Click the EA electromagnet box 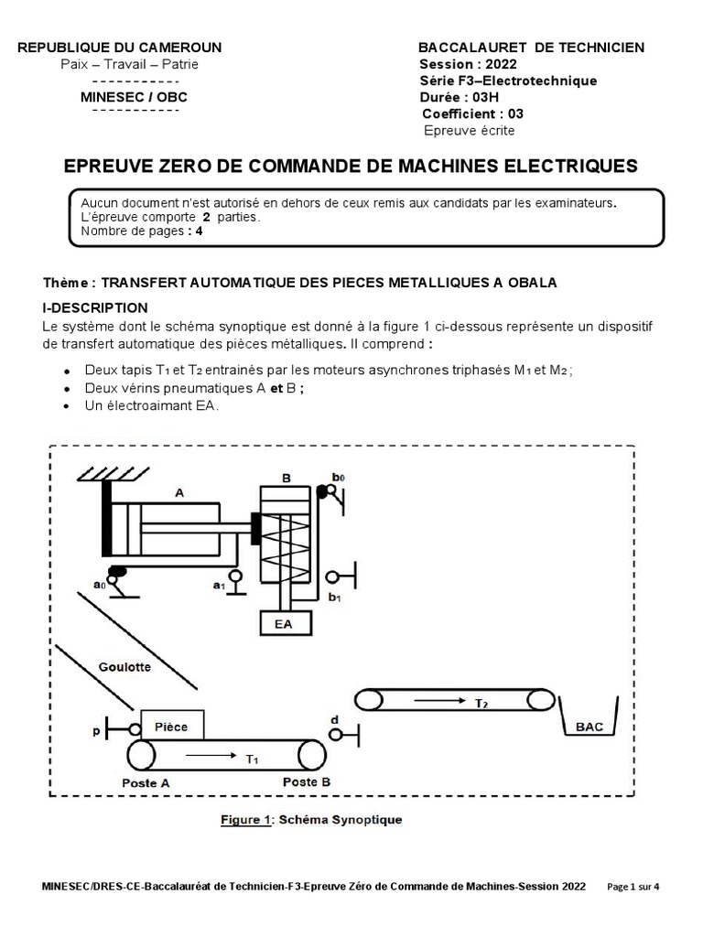tap(284, 624)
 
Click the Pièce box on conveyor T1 tap(171, 727)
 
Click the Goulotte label tap(124, 666)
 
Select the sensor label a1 tap(219, 585)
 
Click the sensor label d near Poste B tap(335, 720)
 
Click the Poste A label tap(146, 784)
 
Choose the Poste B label tap(307, 782)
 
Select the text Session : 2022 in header tap(468, 64)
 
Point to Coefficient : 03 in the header tap(472, 113)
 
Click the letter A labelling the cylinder tap(178, 491)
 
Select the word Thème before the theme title tap(69, 283)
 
